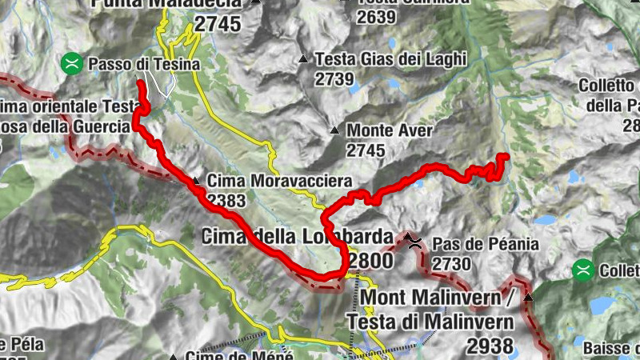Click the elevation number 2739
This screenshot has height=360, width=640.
334,78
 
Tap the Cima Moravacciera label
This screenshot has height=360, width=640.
266,180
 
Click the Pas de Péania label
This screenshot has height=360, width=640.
486,244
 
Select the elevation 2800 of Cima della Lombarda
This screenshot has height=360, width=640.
371,261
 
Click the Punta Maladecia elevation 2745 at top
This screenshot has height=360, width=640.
218,24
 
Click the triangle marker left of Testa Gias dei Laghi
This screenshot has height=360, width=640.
303,58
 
